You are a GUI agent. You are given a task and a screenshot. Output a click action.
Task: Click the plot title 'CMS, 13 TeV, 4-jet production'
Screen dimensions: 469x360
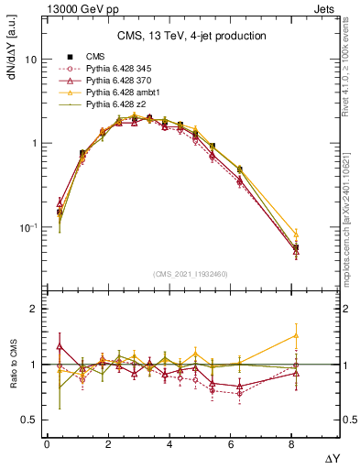pyautogui.click(x=191, y=36)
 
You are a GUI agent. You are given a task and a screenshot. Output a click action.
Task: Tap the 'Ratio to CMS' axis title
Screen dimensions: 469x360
pyautogui.click(x=12, y=364)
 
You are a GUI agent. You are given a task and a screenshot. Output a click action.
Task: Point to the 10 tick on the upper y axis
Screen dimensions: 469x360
pyautogui.click(x=30, y=60)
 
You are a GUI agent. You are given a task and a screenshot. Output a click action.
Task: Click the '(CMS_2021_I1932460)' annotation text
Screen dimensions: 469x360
pyautogui.click(x=191, y=272)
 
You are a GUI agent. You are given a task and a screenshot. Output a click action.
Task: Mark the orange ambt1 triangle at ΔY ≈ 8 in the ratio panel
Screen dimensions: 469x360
pyautogui.click(x=295, y=335)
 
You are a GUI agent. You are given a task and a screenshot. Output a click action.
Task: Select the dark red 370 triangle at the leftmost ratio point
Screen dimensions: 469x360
pyautogui.click(x=60, y=346)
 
